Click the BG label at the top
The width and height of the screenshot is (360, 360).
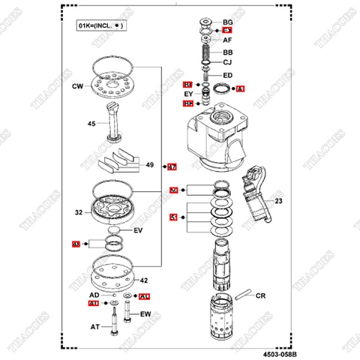tap(228, 23)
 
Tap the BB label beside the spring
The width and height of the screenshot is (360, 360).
tap(228, 52)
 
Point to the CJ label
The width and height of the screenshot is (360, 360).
tap(228, 63)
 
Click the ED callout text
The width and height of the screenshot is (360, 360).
tap(228, 75)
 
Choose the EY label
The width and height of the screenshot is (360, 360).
tap(188, 94)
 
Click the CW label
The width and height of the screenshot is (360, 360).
tap(77, 87)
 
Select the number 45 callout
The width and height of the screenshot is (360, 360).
tap(91, 123)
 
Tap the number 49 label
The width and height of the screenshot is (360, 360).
tap(149, 165)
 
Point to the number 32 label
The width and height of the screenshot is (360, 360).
tap(79, 213)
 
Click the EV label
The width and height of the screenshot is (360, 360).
tap(138, 230)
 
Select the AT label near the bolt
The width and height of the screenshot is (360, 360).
tap(94, 327)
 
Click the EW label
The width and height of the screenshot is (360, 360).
tap(145, 313)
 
